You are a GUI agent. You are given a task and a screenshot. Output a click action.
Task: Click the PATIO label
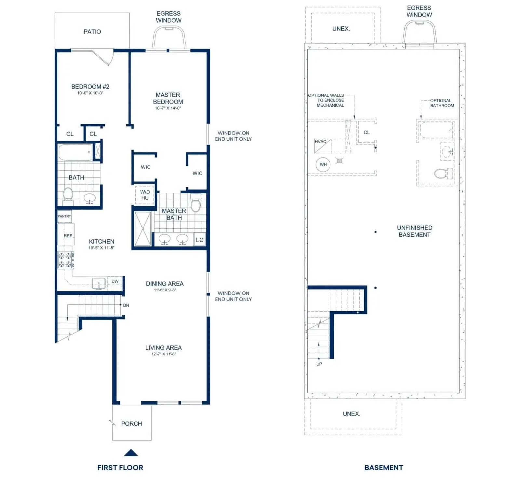coord(92,32)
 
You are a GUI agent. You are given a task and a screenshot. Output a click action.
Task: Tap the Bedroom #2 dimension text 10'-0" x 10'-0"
coord(90,93)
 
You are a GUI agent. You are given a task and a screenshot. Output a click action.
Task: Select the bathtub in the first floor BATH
coord(75,152)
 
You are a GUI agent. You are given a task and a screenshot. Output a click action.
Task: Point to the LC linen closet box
coord(200,240)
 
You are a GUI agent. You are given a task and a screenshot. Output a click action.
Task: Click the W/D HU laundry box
coord(145,195)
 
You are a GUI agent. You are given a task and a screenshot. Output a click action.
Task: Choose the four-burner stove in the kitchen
coord(65,260)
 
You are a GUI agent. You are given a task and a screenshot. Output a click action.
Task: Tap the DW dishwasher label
coord(115,281)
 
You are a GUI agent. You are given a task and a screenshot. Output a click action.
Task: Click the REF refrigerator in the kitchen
coord(66,235)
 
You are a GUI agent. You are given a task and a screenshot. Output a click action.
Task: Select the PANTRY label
coord(64,217)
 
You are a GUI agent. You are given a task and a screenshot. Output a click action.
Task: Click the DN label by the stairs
coord(126,305)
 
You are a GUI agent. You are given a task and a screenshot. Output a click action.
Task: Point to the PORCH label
coord(131,424)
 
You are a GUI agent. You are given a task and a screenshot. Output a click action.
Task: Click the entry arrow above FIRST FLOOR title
coord(131,453)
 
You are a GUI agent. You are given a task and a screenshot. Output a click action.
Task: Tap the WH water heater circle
coord(323,164)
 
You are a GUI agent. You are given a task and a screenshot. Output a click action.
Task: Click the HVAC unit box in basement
coord(323,146)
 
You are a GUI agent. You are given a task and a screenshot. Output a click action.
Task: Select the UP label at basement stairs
coord(319,364)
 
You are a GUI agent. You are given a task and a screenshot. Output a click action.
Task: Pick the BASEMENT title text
coord(384,468)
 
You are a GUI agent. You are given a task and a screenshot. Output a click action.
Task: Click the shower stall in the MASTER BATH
coord(143,229)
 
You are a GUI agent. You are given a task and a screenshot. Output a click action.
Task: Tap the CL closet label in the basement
coord(367,133)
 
